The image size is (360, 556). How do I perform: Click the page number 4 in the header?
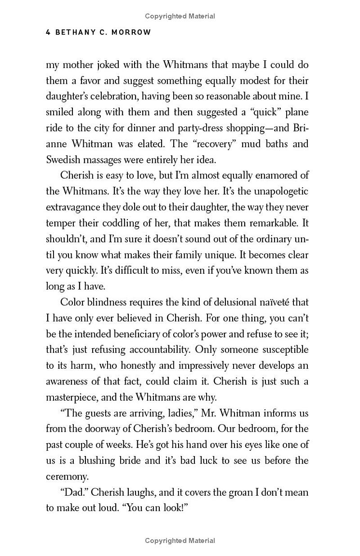point(48,33)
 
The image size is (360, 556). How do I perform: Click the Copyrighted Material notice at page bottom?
point(180,541)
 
